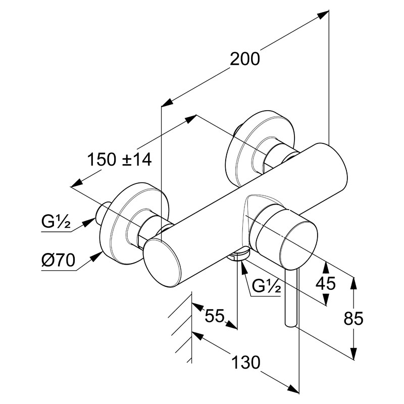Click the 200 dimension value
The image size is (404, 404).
pos(245,59)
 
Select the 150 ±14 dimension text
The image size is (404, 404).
pos(120,160)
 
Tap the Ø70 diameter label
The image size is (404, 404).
pos(58,260)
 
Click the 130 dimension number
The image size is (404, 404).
pos(246,362)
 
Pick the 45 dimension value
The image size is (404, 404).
pos(326,283)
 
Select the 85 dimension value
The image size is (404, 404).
pos(353,319)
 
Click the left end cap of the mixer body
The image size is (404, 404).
pos(162,263)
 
